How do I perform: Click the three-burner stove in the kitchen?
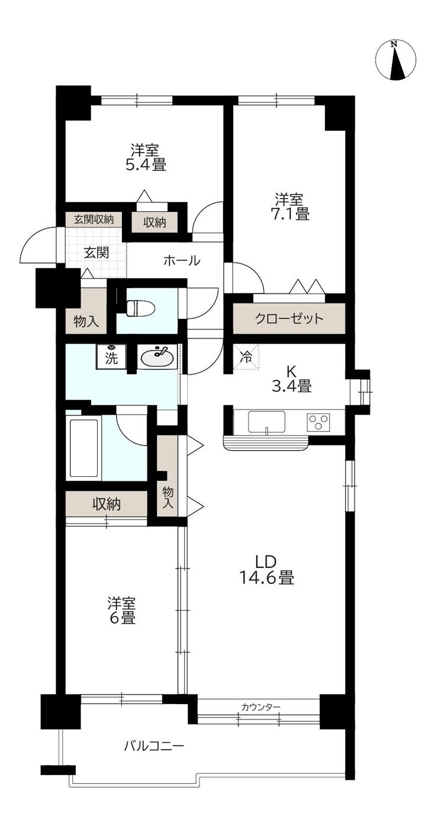319,422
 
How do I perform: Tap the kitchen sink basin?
267,422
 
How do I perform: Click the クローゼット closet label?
289,318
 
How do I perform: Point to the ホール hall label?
182,260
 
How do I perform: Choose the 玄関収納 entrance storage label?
94,220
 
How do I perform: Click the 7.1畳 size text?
290,213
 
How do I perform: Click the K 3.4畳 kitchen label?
292,379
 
